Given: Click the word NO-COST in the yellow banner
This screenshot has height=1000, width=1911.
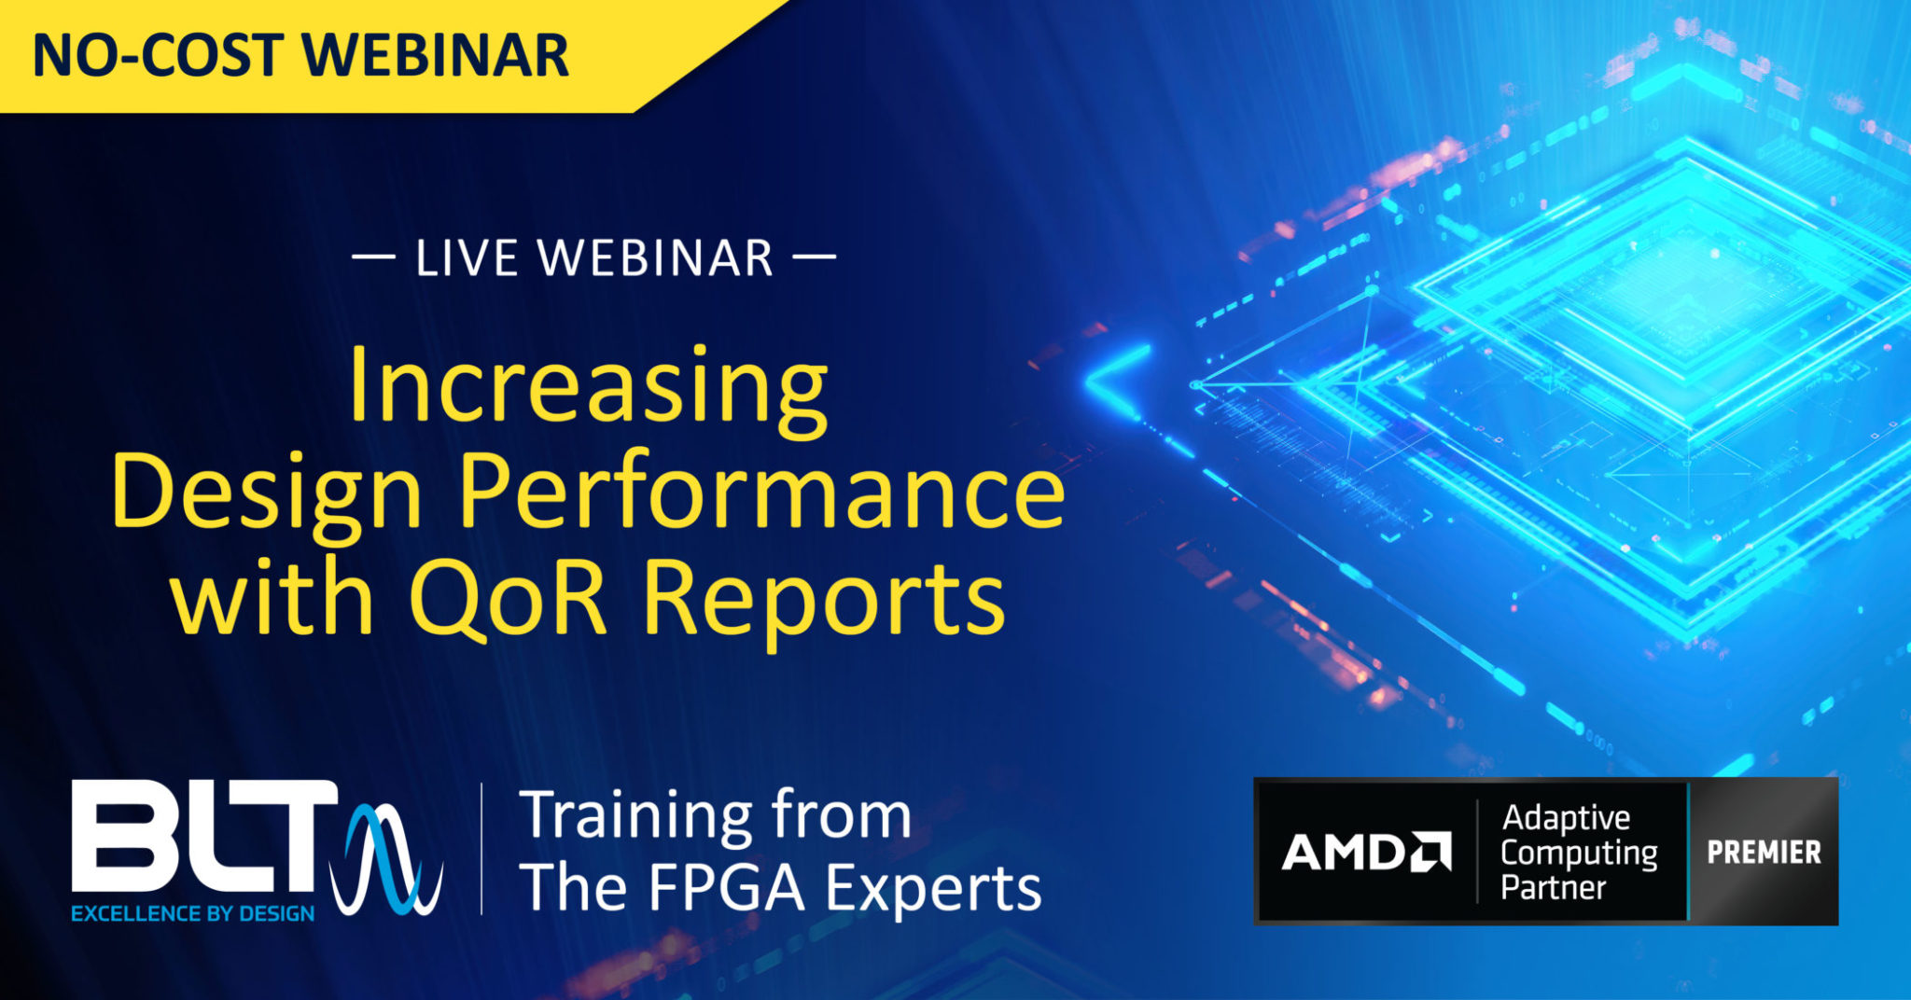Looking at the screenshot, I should click(x=158, y=55).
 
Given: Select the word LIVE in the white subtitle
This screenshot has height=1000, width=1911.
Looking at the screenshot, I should click(x=466, y=258).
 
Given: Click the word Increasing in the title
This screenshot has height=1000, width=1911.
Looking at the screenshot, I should click(x=588, y=386).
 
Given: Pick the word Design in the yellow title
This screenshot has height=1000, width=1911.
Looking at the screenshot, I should click(x=267, y=493).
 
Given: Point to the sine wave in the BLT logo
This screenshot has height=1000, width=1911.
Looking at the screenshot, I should click(x=387, y=858).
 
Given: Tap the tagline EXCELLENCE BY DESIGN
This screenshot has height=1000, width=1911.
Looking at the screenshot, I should click(x=193, y=914).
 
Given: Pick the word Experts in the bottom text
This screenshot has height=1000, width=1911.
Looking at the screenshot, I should click(x=934, y=889).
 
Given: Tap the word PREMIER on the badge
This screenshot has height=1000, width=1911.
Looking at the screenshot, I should click(x=1764, y=853).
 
